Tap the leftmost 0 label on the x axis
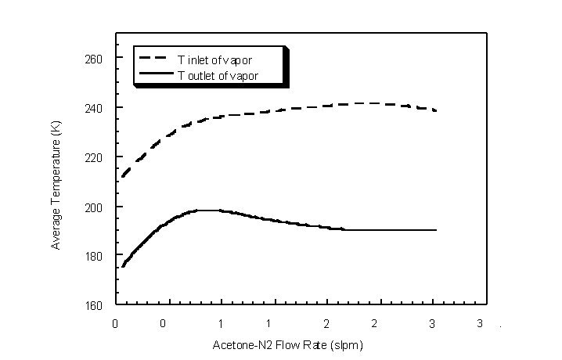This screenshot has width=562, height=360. tap(116, 323)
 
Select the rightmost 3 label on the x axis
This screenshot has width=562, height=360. tap(479, 323)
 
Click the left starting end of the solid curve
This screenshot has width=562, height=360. tap(122, 267)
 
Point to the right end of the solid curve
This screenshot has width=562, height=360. tap(435, 230)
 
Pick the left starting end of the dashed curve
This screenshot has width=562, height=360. tap(122, 176)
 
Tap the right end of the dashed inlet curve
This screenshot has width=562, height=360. tap(435, 110)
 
